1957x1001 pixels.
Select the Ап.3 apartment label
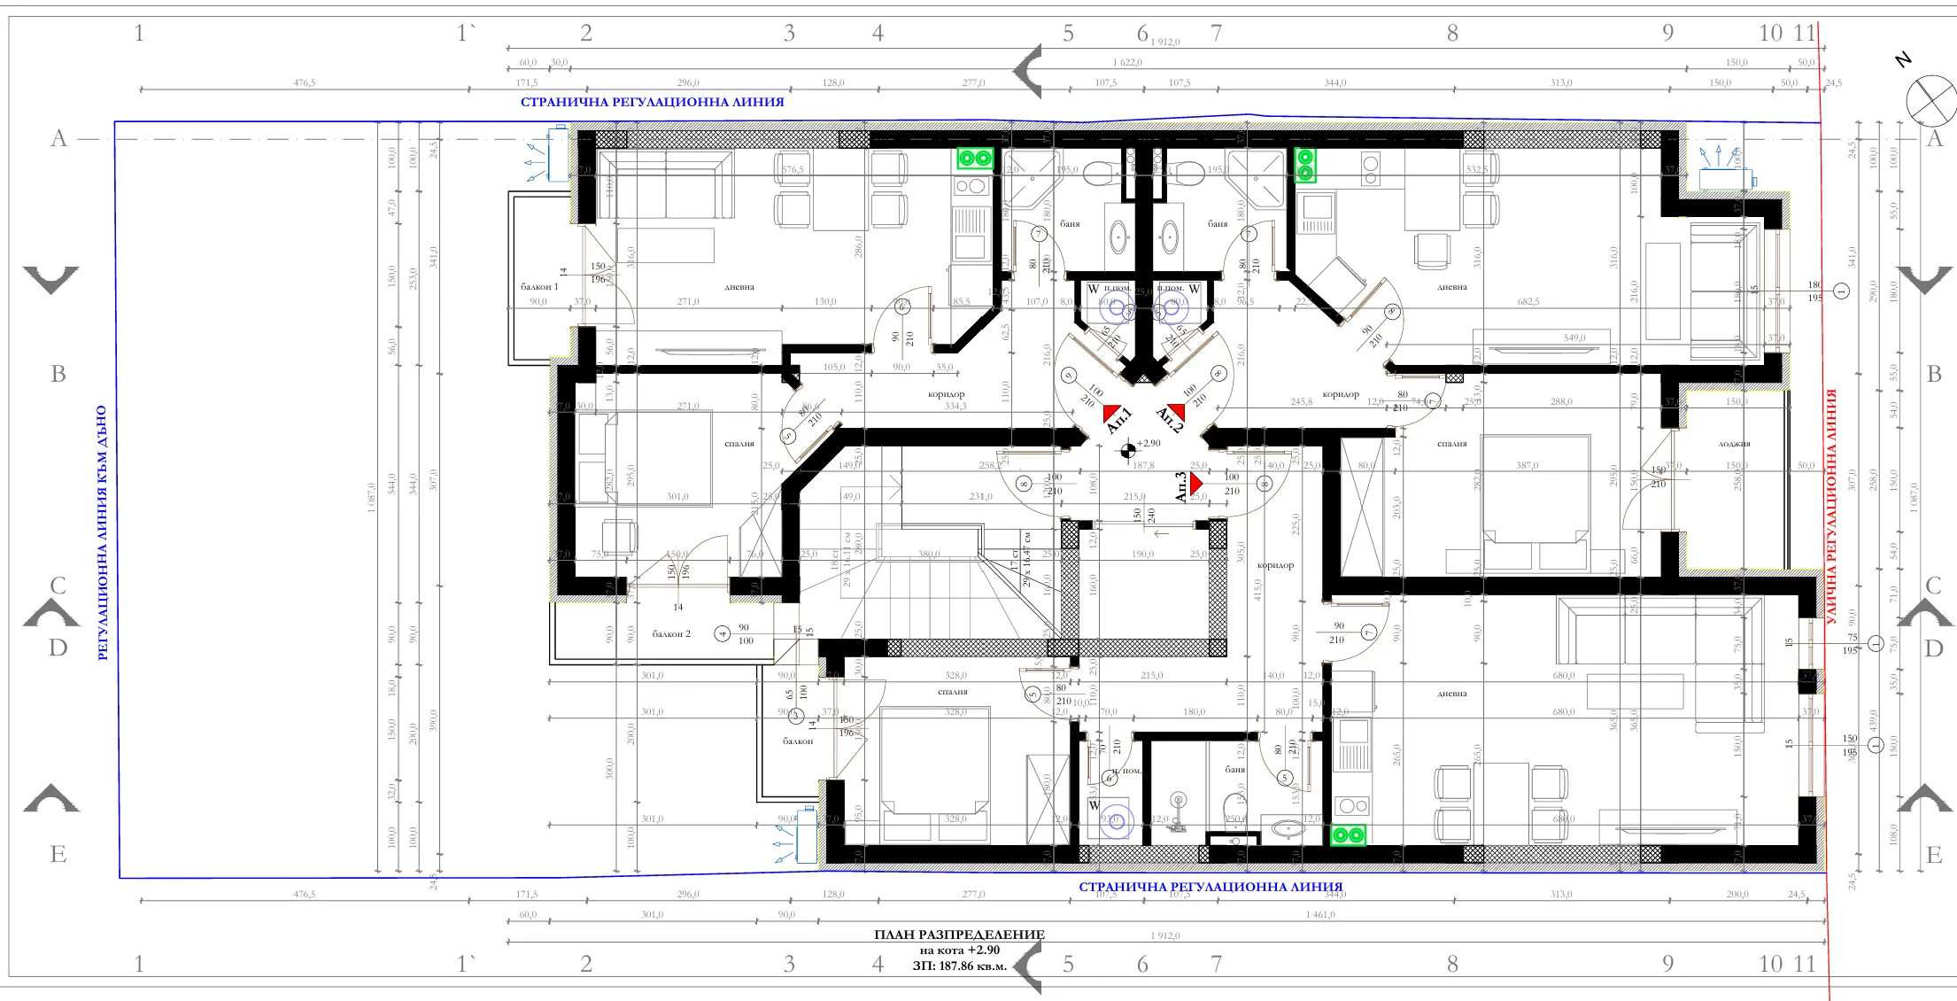(x=1180, y=487)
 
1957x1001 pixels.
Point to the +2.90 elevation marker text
(x=1149, y=444)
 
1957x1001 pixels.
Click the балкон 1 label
(x=539, y=287)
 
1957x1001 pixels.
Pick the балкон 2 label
(x=671, y=634)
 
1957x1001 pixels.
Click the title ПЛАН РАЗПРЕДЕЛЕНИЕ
(x=959, y=935)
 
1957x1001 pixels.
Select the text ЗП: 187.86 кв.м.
(x=959, y=966)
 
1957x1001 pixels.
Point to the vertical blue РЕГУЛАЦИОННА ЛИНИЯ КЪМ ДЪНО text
(x=102, y=532)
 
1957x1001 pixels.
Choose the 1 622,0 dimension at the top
(x=1127, y=63)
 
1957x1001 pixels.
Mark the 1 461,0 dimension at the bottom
(x=1319, y=915)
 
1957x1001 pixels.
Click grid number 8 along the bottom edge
(x=1452, y=965)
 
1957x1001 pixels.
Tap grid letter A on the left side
(x=58, y=139)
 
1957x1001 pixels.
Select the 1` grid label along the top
(x=466, y=34)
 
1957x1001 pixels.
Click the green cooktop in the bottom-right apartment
(x=1348, y=834)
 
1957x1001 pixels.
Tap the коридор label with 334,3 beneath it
(x=946, y=395)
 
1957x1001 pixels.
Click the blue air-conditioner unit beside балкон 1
(x=557, y=154)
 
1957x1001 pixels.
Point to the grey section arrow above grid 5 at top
(x=1028, y=71)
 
